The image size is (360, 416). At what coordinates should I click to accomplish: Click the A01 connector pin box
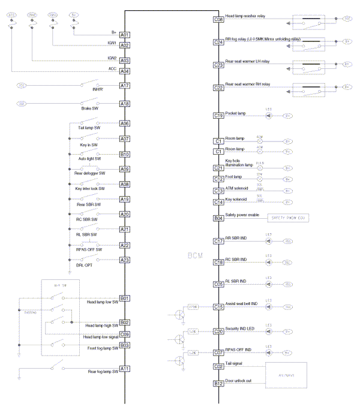(125, 35)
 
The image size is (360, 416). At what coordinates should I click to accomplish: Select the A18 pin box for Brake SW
(125, 104)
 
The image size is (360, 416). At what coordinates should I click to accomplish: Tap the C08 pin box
(218, 20)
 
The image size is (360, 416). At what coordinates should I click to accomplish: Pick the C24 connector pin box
(218, 42)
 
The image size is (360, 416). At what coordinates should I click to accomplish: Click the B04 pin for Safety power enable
(218, 218)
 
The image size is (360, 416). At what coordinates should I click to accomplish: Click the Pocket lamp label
(236, 113)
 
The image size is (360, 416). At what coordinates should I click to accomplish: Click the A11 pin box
(125, 368)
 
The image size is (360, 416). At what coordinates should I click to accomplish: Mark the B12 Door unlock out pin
(218, 384)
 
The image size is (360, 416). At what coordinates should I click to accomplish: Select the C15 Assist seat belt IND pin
(218, 307)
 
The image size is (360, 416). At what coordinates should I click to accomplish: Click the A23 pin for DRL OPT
(125, 260)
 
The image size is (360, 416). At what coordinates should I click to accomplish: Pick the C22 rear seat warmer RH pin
(218, 88)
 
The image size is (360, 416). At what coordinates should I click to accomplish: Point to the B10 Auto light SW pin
(125, 154)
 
